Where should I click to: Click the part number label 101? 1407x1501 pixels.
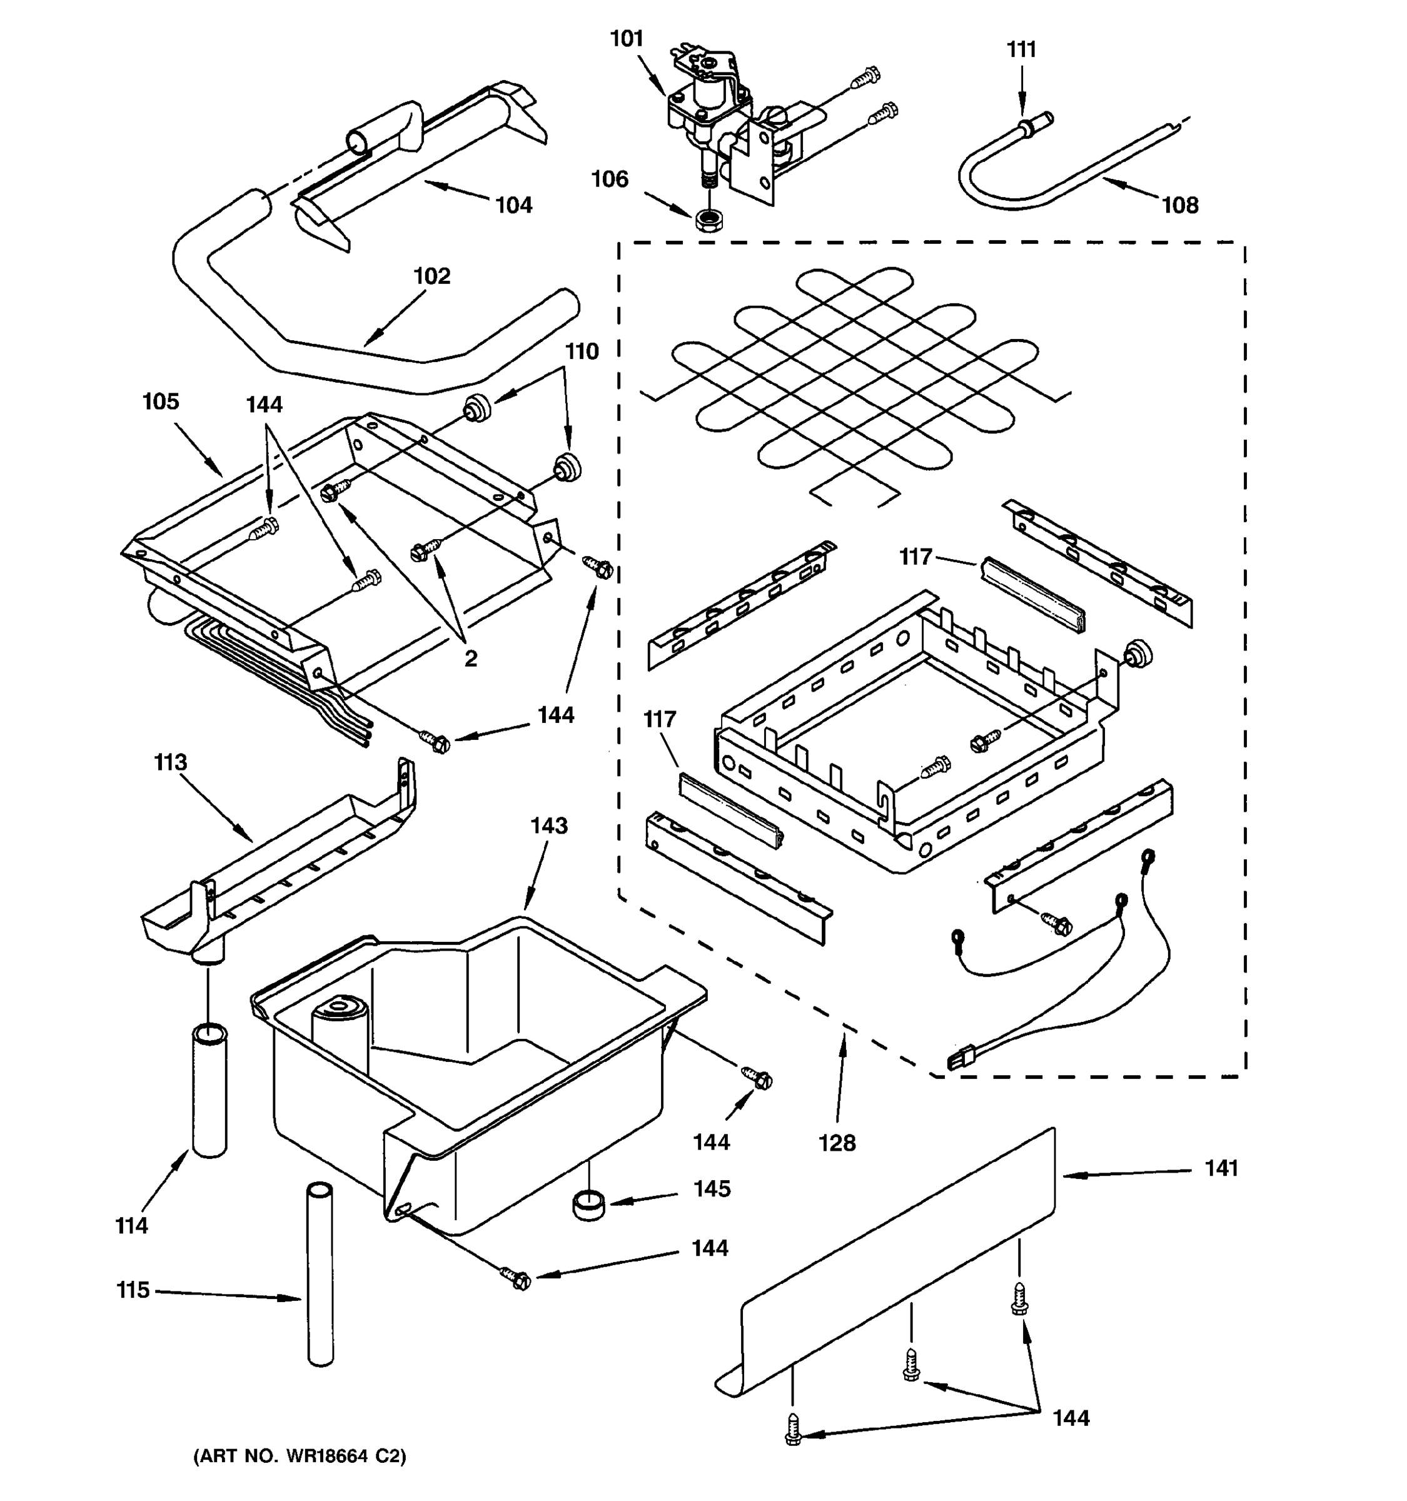(x=626, y=39)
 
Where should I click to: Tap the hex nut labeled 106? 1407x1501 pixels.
(x=707, y=221)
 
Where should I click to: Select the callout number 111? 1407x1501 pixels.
(x=1021, y=50)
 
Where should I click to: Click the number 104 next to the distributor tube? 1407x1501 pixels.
(x=513, y=205)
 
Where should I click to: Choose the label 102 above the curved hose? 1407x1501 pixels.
(x=431, y=276)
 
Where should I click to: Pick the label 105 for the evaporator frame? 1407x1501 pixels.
(x=161, y=401)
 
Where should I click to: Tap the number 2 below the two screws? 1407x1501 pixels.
(x=470, y=659)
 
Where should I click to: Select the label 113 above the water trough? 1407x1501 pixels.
(x=170, y=762)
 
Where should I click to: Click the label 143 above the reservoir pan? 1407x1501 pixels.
(x=549, y=826)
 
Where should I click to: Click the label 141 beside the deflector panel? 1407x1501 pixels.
(x=1221, y=1168)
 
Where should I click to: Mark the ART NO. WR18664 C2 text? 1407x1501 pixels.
(x=300, y=1457)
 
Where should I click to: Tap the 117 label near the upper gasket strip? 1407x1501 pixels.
(x=915, y=557)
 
